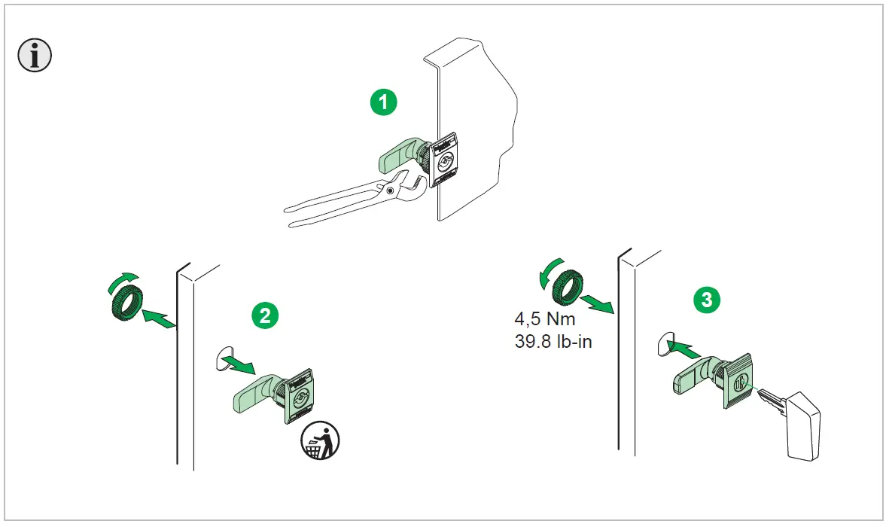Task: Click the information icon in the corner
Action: [35, 56]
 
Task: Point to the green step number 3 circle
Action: [705, 299]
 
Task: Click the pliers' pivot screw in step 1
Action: [390, 191]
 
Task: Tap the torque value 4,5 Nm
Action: [543, 318]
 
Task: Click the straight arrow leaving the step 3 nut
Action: [601, 303]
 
